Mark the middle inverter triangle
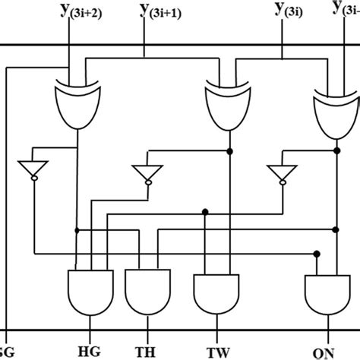coord(145,174)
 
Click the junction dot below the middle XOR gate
coord(229,152)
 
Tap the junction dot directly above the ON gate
coord(317,253)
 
